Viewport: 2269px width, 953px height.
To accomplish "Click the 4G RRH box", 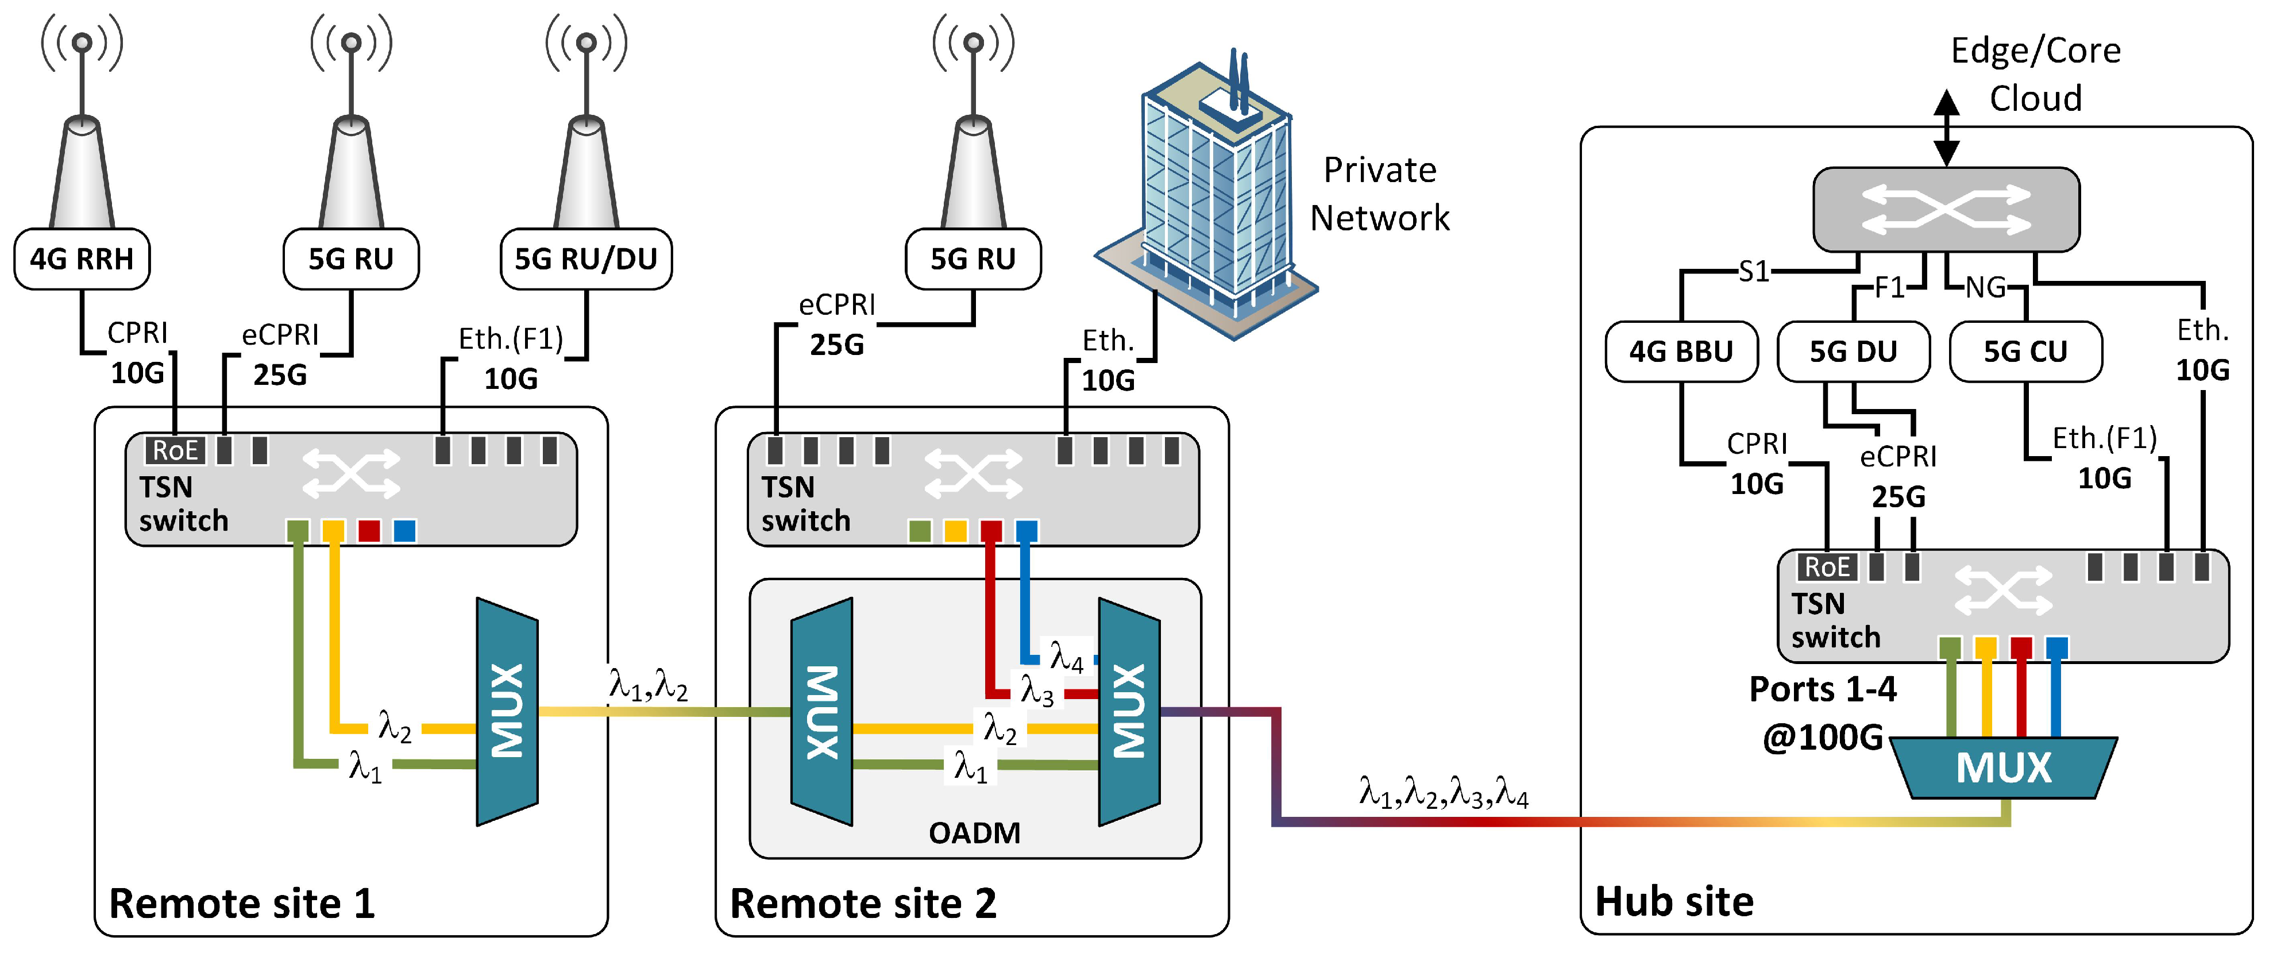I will coord(82,259).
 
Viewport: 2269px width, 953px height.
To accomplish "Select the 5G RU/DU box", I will coord(586,259).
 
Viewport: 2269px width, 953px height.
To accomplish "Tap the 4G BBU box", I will coord(1681,352).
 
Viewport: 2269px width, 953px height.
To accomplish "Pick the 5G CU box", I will coord(2025,352).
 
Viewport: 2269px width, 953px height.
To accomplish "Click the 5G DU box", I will coord(1853,352).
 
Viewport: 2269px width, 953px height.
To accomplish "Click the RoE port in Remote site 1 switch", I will coord(175,450).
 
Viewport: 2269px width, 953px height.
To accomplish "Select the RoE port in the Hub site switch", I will coord(1827,567).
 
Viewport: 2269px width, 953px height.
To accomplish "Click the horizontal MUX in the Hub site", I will coord(2003,767).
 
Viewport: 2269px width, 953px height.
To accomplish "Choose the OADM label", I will coord(974,832).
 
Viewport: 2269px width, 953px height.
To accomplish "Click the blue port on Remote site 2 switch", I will coord(1026,530).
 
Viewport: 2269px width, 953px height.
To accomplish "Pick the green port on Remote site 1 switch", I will coord(298,530).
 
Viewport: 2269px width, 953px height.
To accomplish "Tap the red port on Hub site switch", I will coord(2021,647).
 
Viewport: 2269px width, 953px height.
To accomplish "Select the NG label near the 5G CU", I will coord(1985,287).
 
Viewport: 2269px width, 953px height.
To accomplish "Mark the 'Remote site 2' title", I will coord(863,904).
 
